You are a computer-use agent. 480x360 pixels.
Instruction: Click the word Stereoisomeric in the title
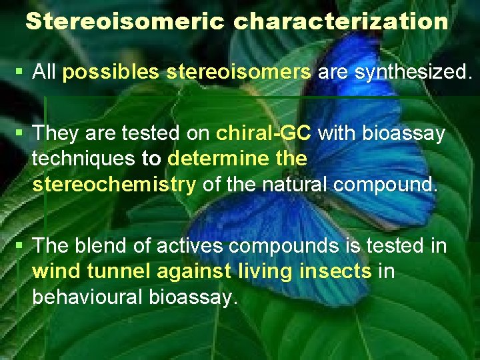tap(126, 21)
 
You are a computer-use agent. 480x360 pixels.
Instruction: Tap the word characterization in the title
tap(341, 21)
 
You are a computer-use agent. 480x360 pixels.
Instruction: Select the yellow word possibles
tap(110, 72)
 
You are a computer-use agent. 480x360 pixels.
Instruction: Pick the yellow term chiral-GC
tap(264, 133)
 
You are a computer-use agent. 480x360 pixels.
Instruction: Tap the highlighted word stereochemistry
tap(114, 184)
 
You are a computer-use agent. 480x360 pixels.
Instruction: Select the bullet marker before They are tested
tap(22, 133)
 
